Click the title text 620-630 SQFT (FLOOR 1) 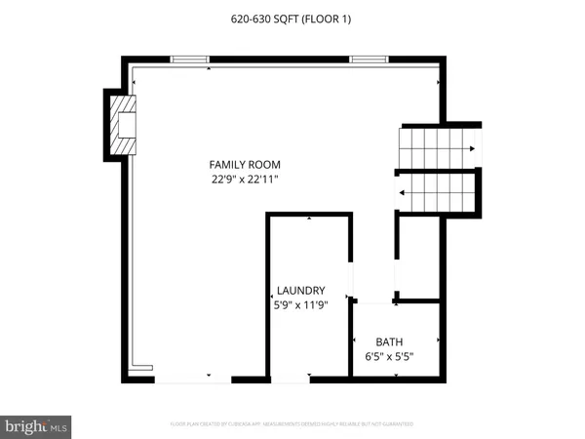pyautogui.click(x=292, y=19)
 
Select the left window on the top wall pyautogui.click(x=191, y=60)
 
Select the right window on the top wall pyautogui.click(x=370, y=60)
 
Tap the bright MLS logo pyautogui.click(x=36, y=426)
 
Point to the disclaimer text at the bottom pyautogui.click(x=292, y=425)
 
